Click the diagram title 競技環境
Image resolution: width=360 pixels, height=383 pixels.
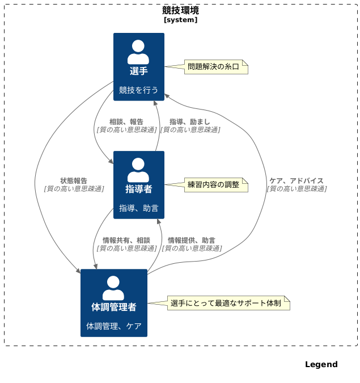pyautogui.click(x=180, y=10)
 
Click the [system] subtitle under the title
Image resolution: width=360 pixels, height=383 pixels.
pyautogui.click(x=180, y=20)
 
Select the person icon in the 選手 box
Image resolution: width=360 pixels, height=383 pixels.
pyautogui.click(x=138, y=52)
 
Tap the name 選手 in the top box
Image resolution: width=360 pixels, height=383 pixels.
pyautogui.click(x=138, y=71)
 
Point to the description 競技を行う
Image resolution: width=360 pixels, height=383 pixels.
pyautogui.click(x=138, y=90)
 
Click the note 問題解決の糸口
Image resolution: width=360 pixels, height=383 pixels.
pyautogui.click(x=214, y=66)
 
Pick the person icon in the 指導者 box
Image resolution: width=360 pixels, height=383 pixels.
pyautogui.click(x=138, y=170)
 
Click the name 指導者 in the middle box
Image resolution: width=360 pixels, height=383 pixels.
pyautogui.click(x=138, y=189)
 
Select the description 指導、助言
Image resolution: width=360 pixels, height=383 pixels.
pyautogui.click(x=138, y=208)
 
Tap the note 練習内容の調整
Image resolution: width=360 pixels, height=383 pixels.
pyautogui.click(x=214, y=184)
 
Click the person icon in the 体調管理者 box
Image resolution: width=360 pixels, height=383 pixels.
pyautogui.click(x=113, y=288)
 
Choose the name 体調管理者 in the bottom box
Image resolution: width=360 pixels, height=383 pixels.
pyautogui.click(x=113, y=307)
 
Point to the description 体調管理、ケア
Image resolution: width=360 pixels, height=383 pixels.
pyautogui.click(x=113, y=326)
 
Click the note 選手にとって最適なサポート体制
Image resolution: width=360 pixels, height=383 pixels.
pyautogui.click(x=226, y=303)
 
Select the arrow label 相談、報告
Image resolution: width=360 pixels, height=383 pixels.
pyautogui.click(x=126, y=121)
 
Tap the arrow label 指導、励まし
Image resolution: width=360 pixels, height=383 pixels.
pyautogui.click(x=189, y=121)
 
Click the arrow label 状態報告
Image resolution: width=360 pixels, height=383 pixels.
pyautogui.click(x=74, y=180)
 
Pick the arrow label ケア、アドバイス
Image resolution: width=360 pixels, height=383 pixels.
pyautogui.click(x=296, y=180)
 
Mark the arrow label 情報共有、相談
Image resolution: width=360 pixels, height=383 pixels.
pyautogui.click(x=126, y=240)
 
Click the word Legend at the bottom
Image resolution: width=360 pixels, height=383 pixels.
pyautogui.click(x=321, y=364)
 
